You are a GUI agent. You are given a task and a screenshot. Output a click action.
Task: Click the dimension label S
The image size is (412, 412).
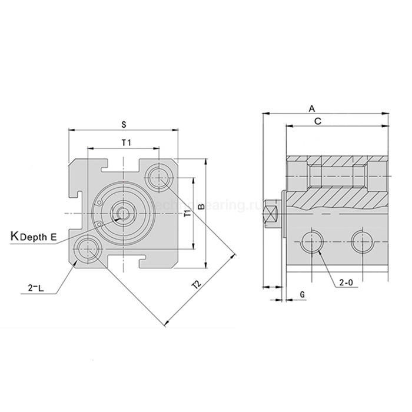point(124,124)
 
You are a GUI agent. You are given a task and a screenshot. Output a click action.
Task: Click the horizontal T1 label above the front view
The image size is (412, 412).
point(125,142)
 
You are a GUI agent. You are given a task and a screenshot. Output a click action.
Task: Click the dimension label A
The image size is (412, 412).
point(313,108)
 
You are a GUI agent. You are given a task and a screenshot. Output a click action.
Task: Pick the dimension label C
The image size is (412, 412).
point(317,121)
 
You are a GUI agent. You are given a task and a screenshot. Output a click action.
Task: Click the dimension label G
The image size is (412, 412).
point(302,293)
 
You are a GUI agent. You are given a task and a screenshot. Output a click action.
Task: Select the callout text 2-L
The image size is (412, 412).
point(36,288)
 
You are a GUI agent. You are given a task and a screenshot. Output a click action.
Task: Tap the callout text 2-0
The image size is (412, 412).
point(346,282)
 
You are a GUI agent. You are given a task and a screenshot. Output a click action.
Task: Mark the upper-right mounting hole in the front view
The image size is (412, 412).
point(159,175)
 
